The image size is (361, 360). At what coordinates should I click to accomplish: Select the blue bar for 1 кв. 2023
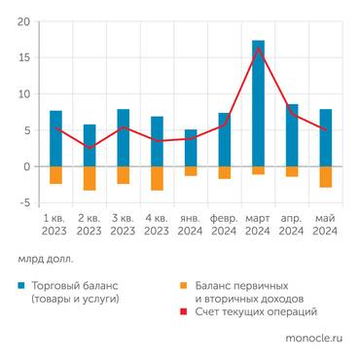(x=55, y=138)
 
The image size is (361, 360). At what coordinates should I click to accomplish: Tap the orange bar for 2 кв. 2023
(x=90, y=178)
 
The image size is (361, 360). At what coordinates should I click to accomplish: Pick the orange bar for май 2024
(x=325, y=177)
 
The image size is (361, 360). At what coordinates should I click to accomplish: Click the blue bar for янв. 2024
(x=191, y=148)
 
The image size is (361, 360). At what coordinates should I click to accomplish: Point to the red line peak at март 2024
(x=258, y=48)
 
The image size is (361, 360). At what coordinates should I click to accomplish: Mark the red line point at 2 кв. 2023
(x=90, y=148)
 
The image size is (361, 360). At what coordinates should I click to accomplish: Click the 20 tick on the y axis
(x=23, y=21)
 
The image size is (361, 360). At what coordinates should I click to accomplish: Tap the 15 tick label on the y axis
(x=23, y=57)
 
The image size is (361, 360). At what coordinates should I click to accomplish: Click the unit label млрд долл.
(x=45, y=260)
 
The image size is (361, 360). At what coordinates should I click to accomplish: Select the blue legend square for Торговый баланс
(x=21, y=286)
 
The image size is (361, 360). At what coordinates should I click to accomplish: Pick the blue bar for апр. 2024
(x=292, y=135)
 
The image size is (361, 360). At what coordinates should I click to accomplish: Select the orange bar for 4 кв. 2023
(x=157, y=178)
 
